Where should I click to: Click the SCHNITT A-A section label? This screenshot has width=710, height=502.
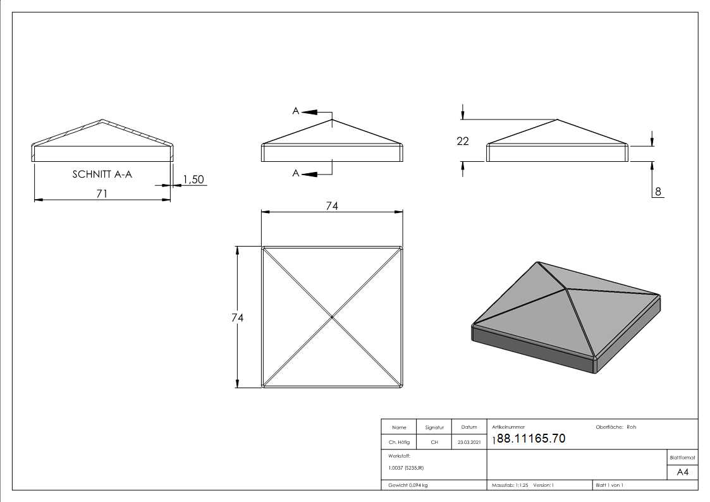102,174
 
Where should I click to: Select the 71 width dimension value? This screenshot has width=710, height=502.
102,193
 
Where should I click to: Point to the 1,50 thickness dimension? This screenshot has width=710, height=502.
193,180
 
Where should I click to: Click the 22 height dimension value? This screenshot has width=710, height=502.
463,141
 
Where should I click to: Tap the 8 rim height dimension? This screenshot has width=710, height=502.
658,192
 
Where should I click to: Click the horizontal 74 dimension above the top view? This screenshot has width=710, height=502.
332,206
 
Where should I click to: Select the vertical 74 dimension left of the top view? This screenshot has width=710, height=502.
237,318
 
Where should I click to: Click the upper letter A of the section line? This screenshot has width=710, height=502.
296,111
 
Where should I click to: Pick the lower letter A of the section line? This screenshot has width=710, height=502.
296,173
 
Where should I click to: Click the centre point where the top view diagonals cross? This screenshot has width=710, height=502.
332,317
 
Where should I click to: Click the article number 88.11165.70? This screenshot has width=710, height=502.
531,438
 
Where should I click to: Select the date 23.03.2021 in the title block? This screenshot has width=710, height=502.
469,442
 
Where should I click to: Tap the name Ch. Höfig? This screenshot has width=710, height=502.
399,442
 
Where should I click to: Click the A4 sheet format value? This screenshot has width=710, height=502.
682,472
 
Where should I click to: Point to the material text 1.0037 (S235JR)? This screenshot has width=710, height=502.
406,468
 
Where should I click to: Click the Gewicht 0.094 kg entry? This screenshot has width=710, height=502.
408,486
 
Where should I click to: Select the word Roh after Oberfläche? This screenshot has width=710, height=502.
631,427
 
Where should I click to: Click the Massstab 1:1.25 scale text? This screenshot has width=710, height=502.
510,486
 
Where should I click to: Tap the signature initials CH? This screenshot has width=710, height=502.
434,442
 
